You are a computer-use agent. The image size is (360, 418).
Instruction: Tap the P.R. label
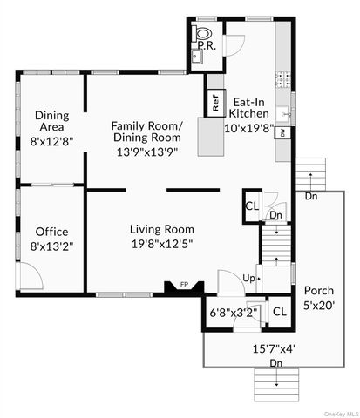click(x=207, y=44)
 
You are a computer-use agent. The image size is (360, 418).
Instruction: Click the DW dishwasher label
click(x=282, y=133)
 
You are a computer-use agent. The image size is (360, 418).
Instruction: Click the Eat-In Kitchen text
click(x=248, y=107)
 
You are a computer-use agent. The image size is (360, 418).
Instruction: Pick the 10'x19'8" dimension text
click(x=248, y=127)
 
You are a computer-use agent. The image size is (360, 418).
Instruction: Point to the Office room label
click(x=51, y=232)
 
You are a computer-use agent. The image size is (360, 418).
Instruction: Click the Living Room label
click(x=161, y=229)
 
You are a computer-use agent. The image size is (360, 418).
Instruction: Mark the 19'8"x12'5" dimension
click(x=161, y=243)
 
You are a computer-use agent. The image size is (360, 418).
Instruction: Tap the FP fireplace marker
click(x=184, y=284)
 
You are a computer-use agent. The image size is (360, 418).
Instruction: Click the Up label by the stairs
click(x=248, y=279)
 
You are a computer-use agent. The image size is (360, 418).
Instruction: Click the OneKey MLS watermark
click(x=337, y=412)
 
